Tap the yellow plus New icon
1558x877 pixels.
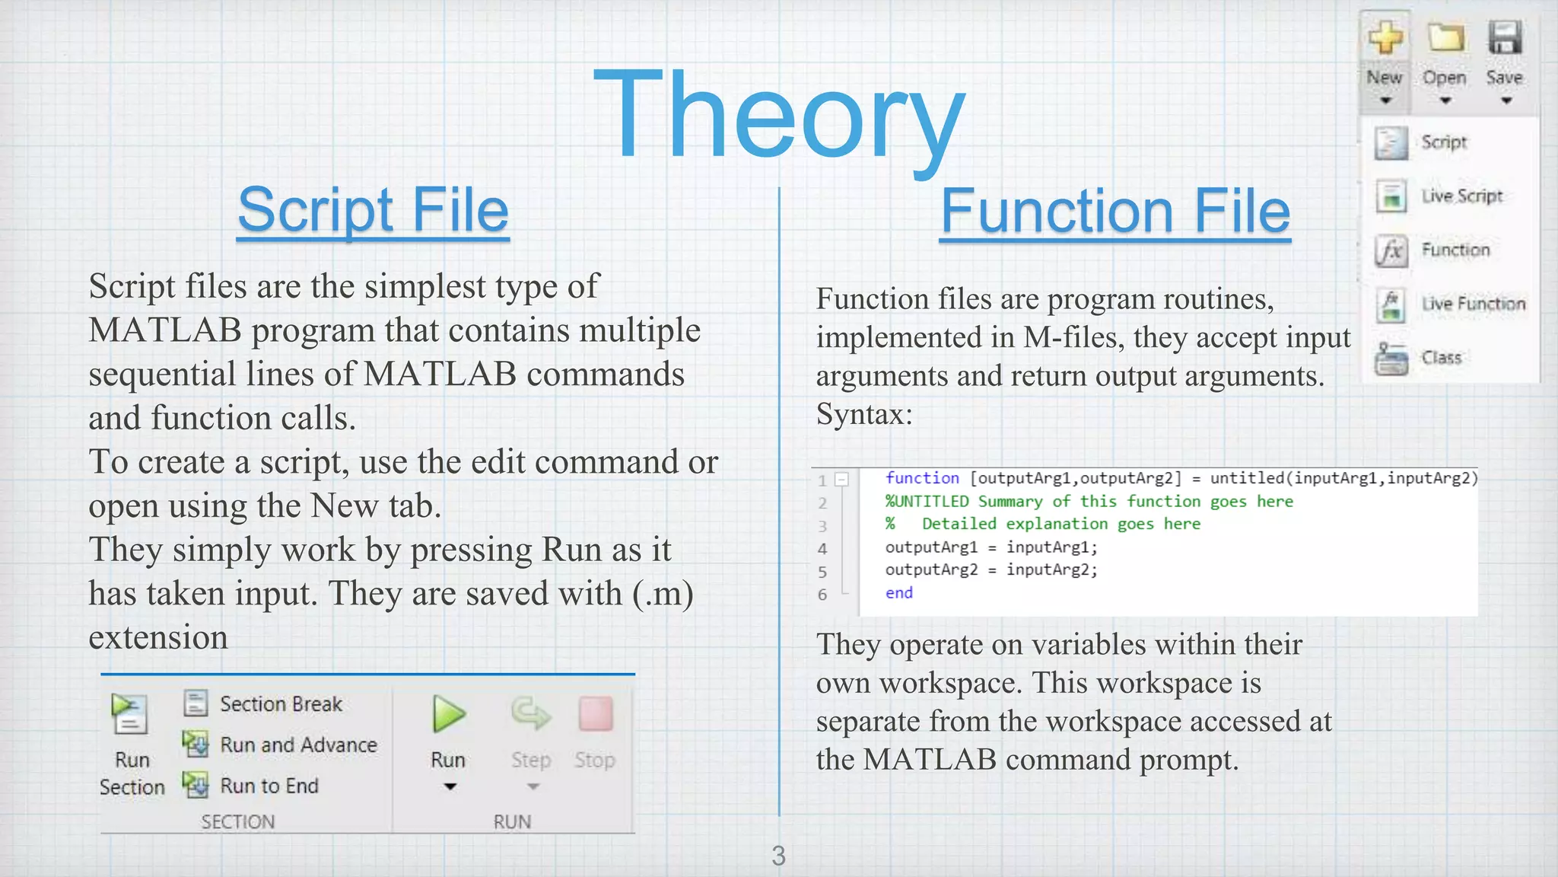1385,38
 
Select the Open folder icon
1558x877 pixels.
1445,38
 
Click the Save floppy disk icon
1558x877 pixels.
1504,38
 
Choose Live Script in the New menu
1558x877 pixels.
1461,196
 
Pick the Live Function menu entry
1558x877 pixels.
1473,304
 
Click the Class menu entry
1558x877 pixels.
1441,358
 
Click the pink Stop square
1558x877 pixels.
595,714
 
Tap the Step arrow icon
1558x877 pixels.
530,714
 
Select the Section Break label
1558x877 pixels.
281,704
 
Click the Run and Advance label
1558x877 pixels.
298,745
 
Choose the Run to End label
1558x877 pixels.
269,786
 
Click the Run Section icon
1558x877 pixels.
130,714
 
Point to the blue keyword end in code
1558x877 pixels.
898,593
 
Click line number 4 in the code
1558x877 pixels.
822,549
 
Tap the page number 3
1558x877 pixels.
778,856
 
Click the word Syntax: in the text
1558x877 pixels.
863,414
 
